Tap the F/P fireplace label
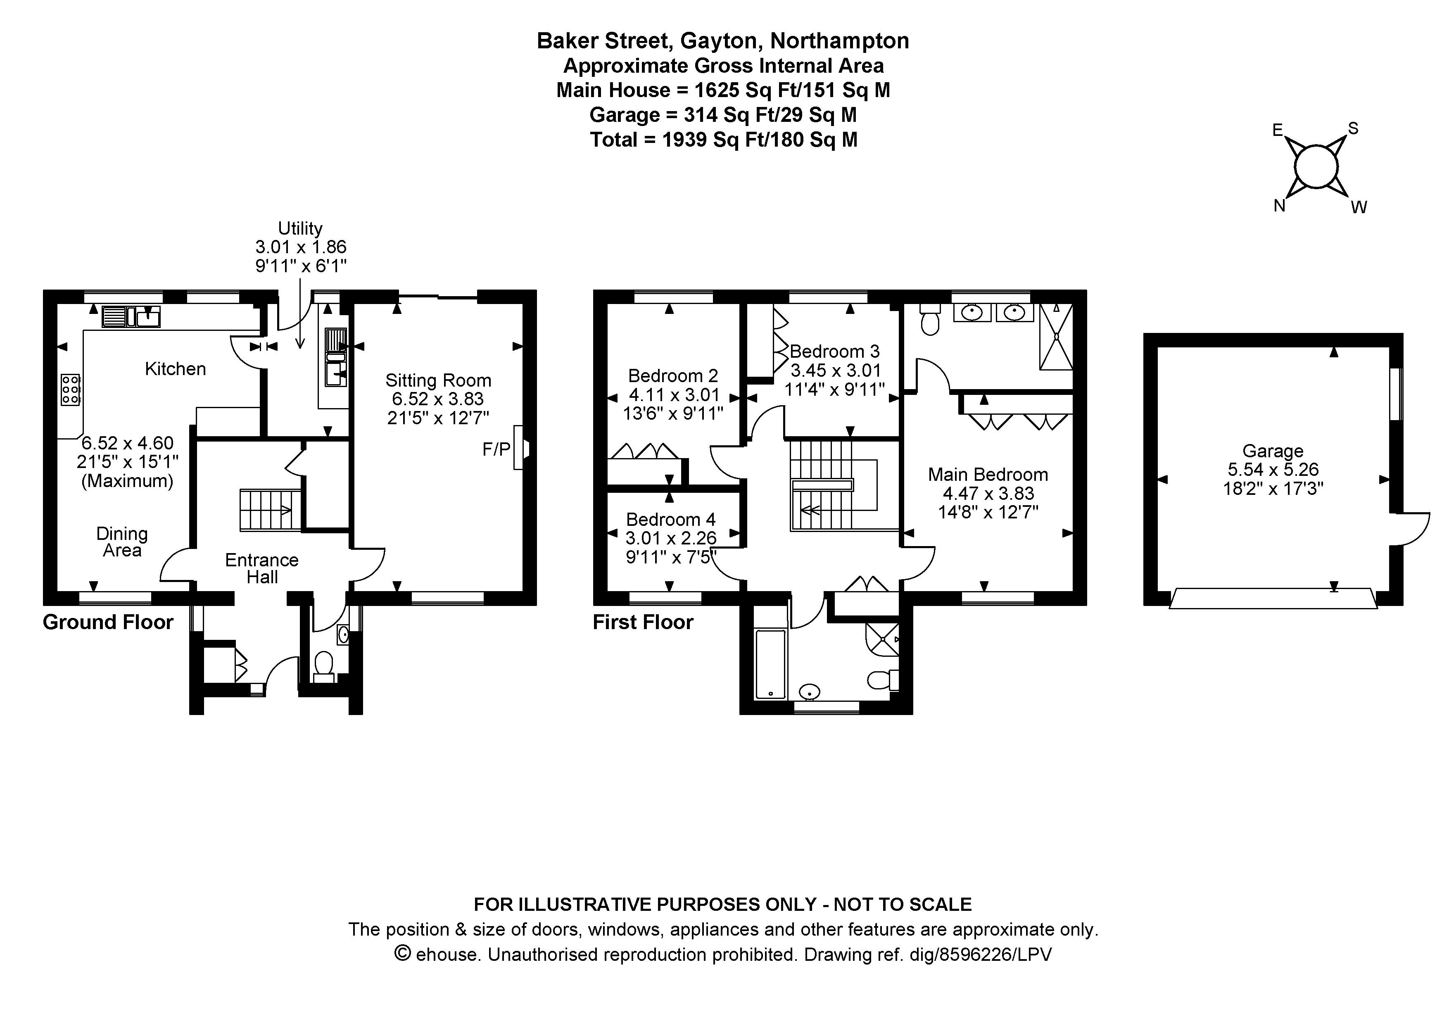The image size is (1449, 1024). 496,449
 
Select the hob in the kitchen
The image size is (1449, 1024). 71,389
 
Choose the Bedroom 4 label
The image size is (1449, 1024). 671,519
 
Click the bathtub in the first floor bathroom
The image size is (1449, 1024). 771,664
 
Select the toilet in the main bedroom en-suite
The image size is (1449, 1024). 930,319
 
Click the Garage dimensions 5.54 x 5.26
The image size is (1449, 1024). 1273,469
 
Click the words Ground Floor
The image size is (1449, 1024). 108,622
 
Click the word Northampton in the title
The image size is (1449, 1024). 840,41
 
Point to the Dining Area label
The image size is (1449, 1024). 122,542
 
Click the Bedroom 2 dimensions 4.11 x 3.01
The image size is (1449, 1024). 674,395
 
